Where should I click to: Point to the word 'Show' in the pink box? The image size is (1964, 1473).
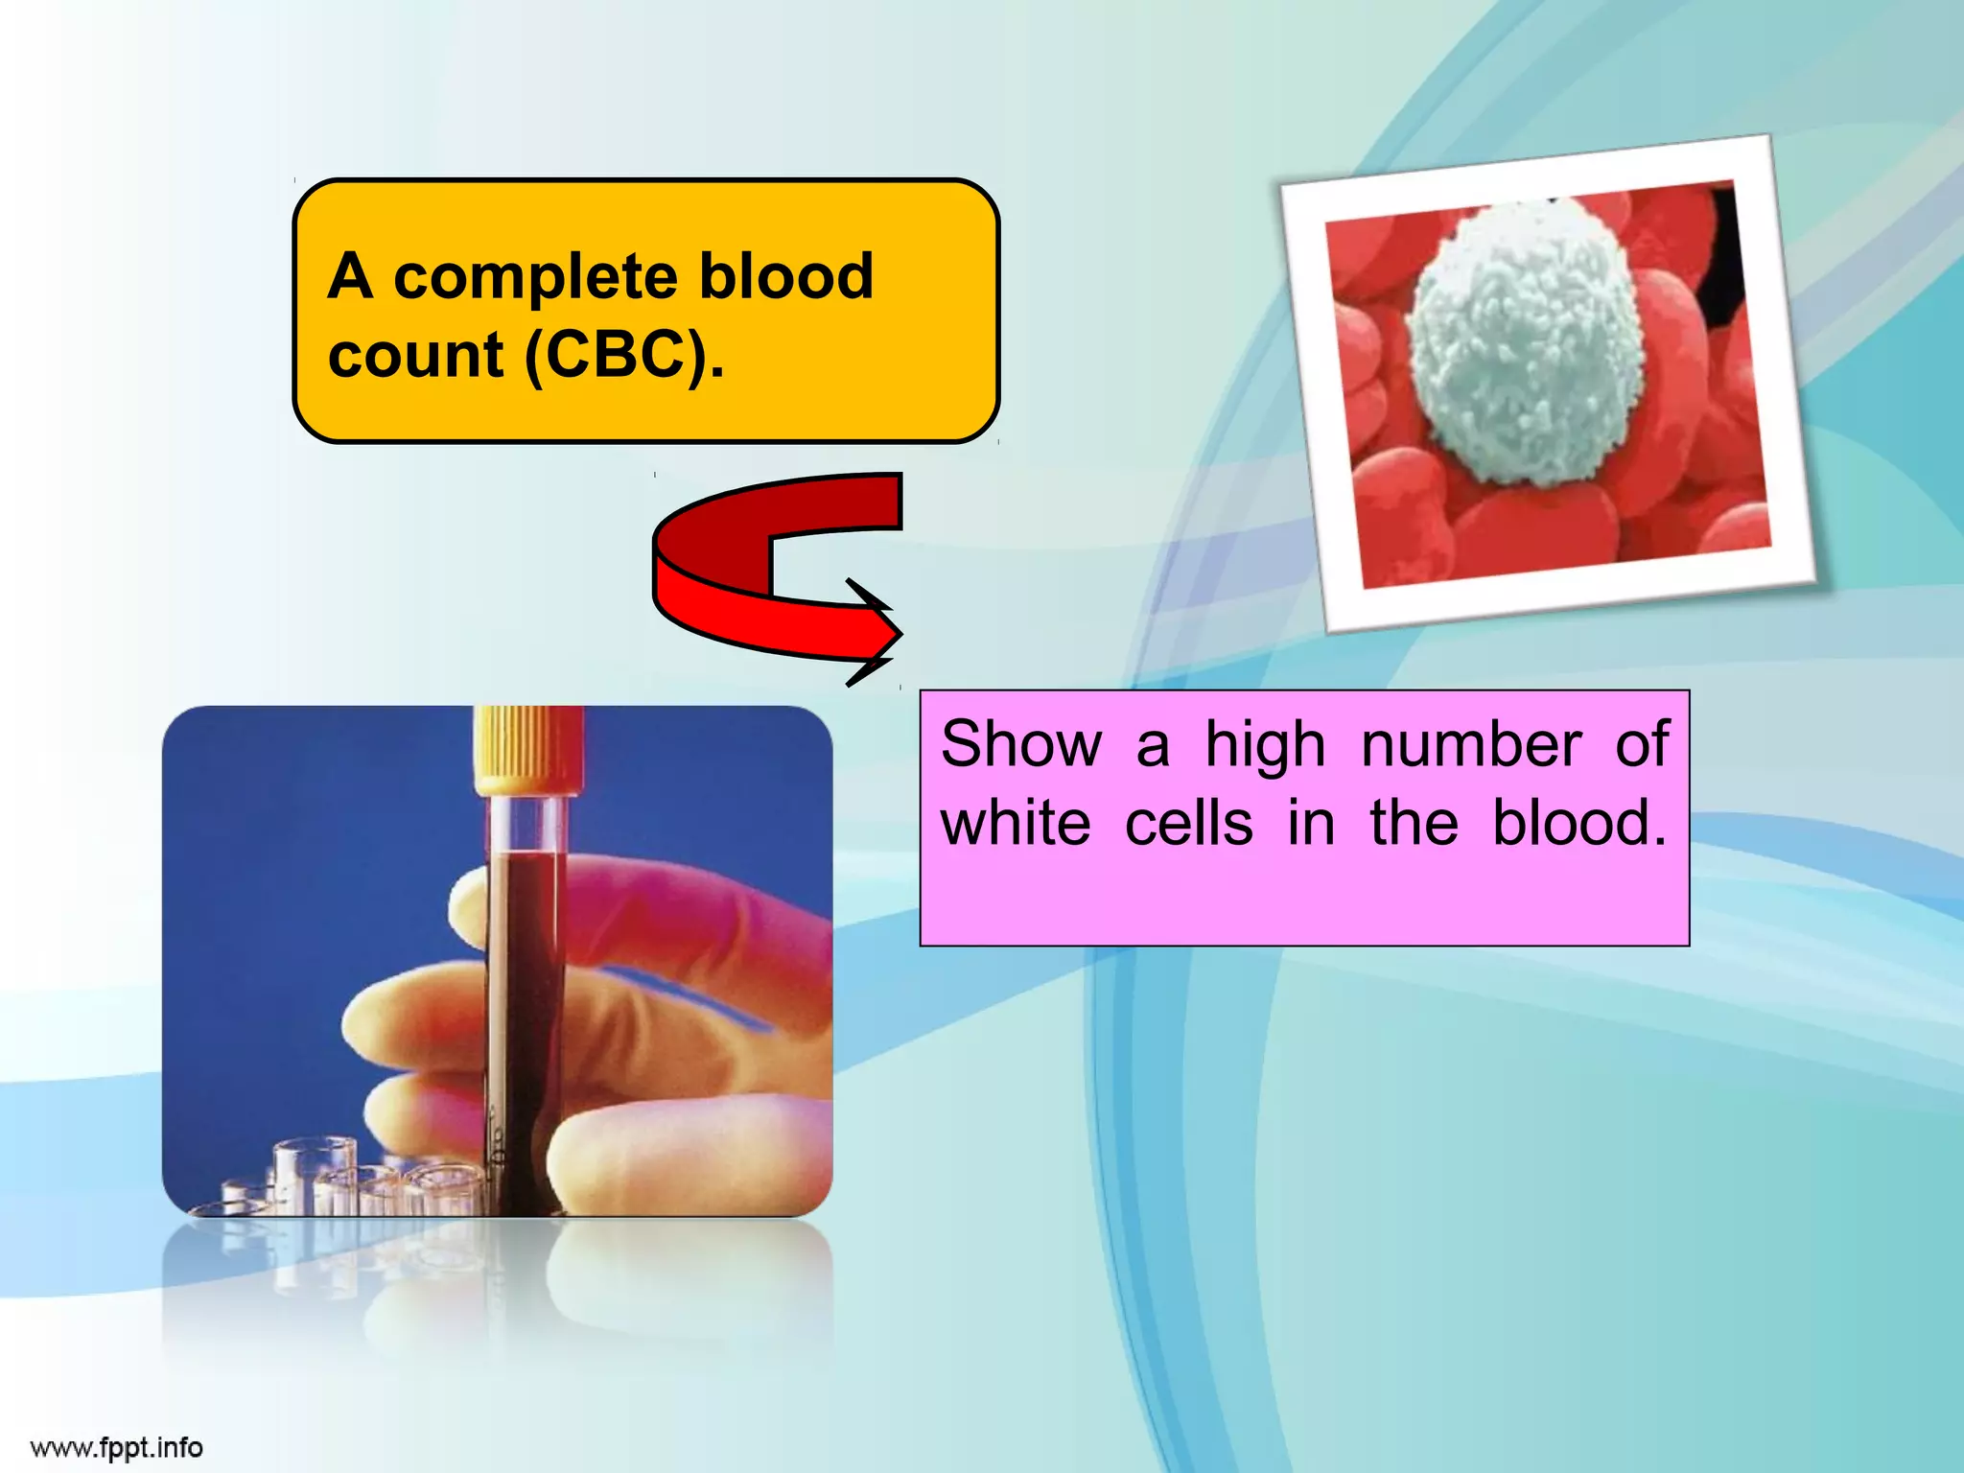[x=1021, y=744]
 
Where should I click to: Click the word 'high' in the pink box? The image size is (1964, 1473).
[x=1265, y=746]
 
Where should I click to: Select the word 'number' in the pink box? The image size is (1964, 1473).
[x=1471, y=744]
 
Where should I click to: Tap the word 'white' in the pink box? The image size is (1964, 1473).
[x=1016, y=823]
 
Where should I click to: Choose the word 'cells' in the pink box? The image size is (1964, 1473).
[x=1188, y=823]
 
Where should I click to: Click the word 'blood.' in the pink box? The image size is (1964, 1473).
[x=1578, y=823]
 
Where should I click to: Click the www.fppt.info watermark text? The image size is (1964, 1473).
[x=116, y=1447]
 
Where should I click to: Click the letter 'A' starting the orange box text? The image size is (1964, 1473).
[x=350, y=277]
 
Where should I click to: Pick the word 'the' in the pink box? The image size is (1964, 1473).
[x=1414, y=823]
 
